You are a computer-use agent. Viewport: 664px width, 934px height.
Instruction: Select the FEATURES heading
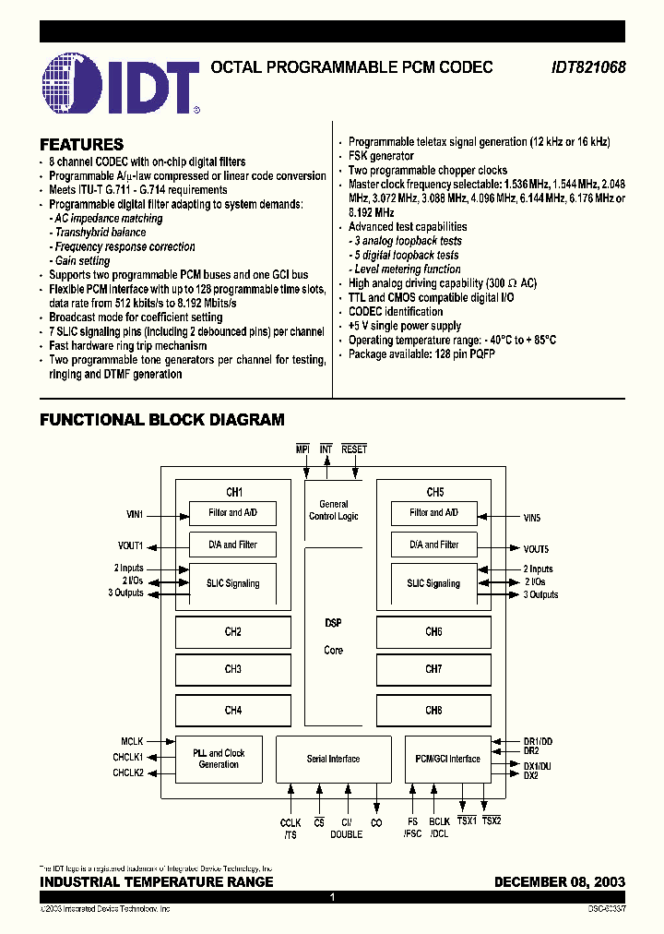click(x=81, y=145)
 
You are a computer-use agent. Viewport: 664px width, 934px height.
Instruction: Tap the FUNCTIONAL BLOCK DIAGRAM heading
click(x=161, y=420)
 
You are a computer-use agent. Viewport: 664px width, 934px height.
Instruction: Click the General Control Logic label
click(x=334, y=510)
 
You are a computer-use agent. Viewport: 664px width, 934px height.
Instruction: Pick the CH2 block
click(x=233, y=632)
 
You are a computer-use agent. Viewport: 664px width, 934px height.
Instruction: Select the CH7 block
click(x=433, y=669)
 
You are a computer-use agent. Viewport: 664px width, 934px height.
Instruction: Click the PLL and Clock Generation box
click(x=219, y=759)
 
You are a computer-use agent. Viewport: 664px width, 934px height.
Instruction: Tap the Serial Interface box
click(x=333, y=759)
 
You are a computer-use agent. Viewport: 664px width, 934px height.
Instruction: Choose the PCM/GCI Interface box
click(x=449, y=759)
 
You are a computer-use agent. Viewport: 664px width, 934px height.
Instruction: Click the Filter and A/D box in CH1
click(x=233, y=512)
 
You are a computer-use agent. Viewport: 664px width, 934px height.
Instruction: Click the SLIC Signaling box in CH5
click(x=433, y=583)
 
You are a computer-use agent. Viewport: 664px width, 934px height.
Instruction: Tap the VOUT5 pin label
click(x=536, y=549)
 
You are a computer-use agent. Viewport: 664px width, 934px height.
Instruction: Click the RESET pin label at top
click(x=354, y=449)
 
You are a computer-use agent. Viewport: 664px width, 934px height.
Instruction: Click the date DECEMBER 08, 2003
click(x=559, y=882)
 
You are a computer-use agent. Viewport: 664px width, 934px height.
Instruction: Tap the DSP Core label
click(x=333, y=637)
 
